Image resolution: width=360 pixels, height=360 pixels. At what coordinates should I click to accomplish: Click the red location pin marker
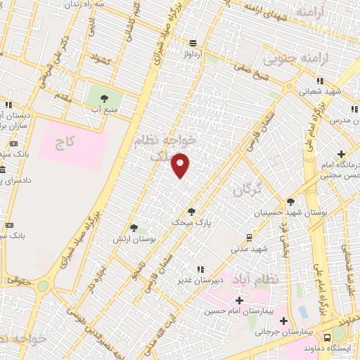pyautogui.click(x=181, y=165)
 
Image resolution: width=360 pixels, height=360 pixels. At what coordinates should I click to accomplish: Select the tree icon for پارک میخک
pyautogui.click(x=191, y=211)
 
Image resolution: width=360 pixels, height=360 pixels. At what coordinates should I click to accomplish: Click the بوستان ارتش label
pyautogui.click(x=133, y=239)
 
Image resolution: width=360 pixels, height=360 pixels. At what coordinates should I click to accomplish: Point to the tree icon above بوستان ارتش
pyautogui.click(x=134, y=228)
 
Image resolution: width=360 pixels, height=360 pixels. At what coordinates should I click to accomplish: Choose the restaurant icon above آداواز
pyautogui.click(x=193, y=43)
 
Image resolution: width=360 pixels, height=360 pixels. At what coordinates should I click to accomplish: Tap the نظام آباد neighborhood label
pyautogui.click(x=264, y=278)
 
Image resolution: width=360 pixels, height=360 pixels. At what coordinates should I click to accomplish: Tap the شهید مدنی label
pyautogui.click(x=250, y=248)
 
